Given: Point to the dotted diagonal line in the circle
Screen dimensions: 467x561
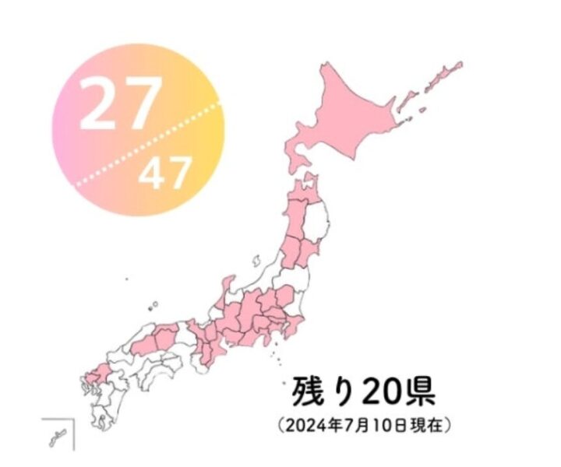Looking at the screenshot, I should (x=148, y=143).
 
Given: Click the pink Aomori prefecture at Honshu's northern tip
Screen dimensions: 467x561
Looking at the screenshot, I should (x=306, y=191).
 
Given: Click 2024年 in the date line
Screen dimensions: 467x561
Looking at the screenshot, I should (x=312, y=426).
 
